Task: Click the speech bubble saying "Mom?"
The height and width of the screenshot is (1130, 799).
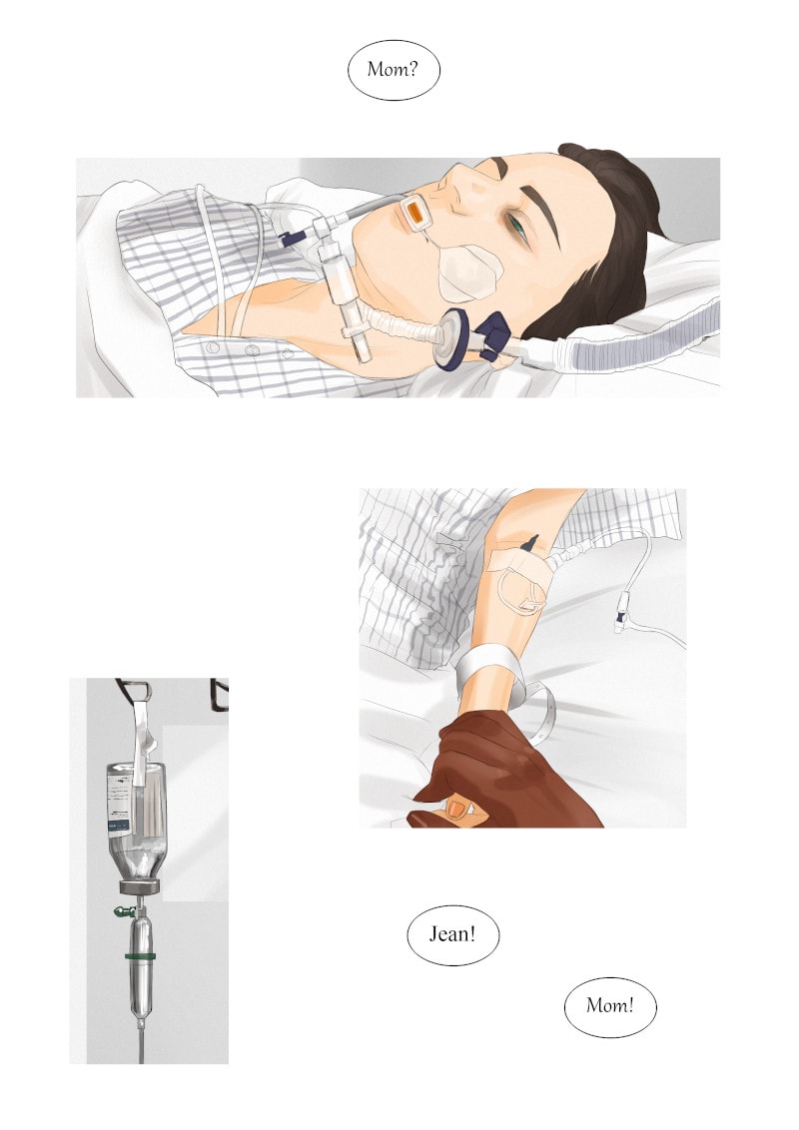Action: tap(394, 69)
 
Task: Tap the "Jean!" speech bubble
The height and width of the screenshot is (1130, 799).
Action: tap(452, 934)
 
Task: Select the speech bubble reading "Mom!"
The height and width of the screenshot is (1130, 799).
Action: tap(610, 1006)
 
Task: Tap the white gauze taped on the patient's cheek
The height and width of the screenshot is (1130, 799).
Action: tap(468, 272)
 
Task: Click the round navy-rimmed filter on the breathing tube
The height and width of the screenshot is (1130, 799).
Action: tap(452, 338)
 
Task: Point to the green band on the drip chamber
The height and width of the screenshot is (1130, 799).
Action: tap(141, 956)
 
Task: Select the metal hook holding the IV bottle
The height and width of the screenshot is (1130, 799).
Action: tap(136, 691)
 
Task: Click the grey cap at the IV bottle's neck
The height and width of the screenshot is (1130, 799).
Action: tap(140, 886)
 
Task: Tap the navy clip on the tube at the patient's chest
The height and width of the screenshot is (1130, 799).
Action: tap(292, 238)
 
